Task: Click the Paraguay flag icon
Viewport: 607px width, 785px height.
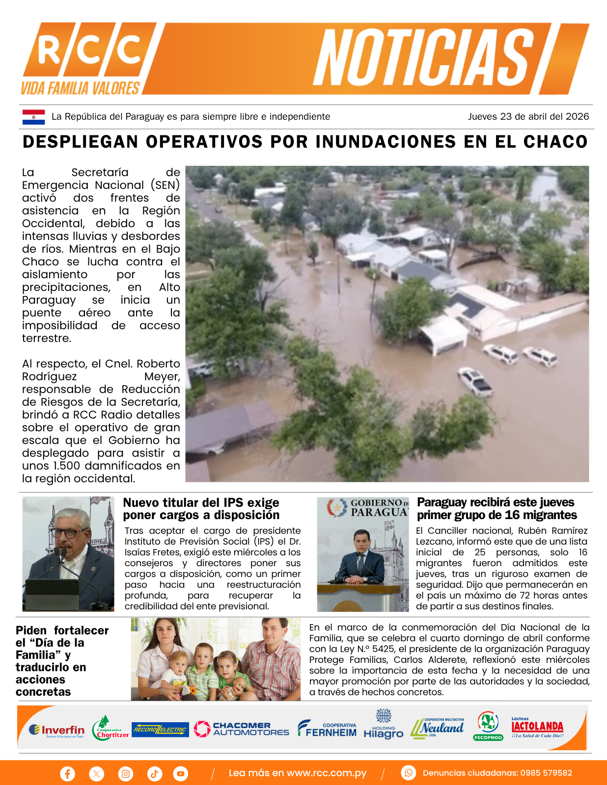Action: [33, 117]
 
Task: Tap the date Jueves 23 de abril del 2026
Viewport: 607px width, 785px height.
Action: [528, 117]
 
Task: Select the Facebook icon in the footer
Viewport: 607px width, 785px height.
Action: [67, 774]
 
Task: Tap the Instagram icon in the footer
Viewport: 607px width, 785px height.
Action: [126, 774]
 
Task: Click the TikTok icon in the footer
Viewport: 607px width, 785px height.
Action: [154, 774]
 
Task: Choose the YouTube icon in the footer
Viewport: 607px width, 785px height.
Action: [181, 774]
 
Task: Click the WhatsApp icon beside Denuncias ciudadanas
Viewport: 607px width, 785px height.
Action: [408, 773]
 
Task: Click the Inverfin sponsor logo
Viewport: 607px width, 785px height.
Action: [56, 731]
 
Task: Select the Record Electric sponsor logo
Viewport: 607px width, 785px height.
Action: [160, 730]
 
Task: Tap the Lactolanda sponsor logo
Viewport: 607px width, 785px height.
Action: [537, 727]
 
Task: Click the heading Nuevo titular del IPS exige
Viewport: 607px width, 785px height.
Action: [201, 503]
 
